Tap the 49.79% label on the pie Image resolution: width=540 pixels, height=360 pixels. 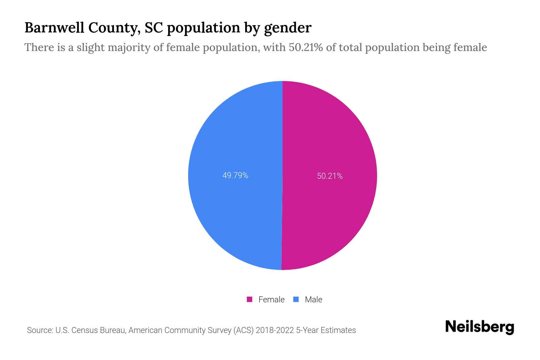pos(235,175)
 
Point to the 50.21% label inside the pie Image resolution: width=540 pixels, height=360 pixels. pos(330,176)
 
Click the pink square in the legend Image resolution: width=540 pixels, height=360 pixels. pos(249,299)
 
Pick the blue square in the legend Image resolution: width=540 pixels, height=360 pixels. pos(296,299)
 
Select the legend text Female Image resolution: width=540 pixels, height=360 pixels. pos(271,299)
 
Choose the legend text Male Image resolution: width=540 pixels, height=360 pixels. pos(313,299)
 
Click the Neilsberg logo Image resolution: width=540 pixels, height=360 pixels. pos(479,327)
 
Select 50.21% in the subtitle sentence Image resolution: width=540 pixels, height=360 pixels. pos(306,47)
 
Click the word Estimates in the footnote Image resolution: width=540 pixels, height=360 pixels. pos(338,330)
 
